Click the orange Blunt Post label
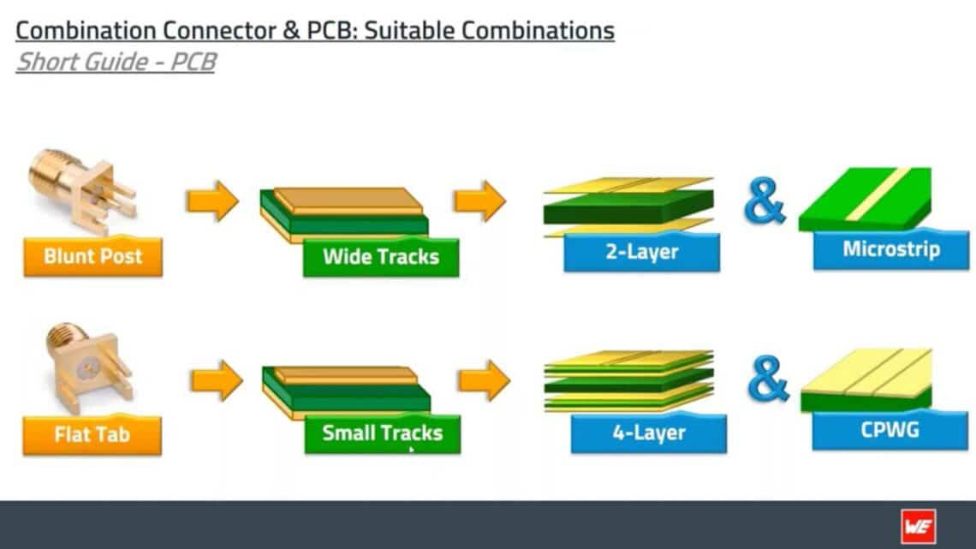click(92, 256)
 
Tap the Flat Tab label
click(92, 434)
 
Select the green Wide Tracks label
click(381, 256)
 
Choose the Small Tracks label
click(382, 433)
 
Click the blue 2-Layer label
click(641, 252)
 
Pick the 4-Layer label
click(648, 433)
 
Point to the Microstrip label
click(890, 249)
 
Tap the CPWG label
click(890, 429)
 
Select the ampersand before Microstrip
click(764, 202)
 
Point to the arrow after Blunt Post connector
click(212, 201)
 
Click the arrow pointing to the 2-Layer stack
click(479, 201)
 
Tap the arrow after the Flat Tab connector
click(216, 380)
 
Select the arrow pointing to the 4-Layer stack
click(484, 380)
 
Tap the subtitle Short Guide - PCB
click(116, 62)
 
